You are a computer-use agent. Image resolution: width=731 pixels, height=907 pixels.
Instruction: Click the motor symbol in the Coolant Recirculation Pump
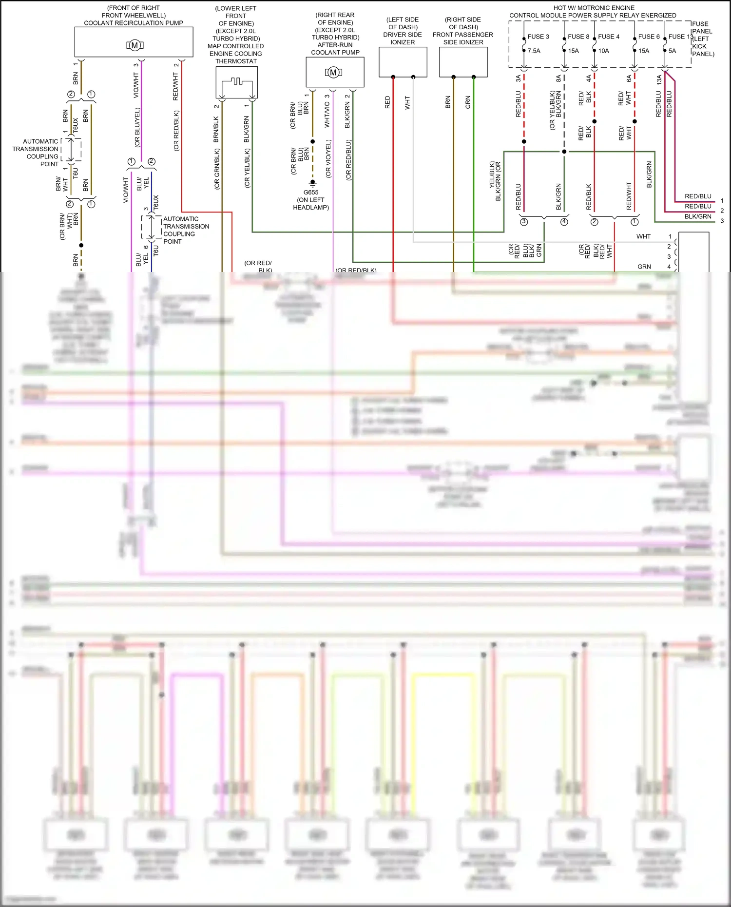[135, 45]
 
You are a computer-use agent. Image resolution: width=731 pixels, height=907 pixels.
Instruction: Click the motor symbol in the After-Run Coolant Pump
[333, 73]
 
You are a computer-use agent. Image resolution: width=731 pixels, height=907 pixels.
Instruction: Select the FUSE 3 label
[538, 37]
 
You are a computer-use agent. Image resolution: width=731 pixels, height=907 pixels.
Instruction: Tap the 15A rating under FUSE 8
[573, 51]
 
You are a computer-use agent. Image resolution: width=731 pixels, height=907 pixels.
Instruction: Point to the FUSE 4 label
[609, 37]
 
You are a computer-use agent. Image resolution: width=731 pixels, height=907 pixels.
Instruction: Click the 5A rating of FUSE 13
[672, 51]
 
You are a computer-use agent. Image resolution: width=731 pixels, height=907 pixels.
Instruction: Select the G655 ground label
[310, 192]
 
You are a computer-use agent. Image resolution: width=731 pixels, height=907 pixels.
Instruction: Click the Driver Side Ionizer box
[403, 61]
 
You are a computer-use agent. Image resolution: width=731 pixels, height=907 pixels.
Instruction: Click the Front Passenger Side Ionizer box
[463, 61]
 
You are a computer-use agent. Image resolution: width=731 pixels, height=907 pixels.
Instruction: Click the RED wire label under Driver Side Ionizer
[387, 102]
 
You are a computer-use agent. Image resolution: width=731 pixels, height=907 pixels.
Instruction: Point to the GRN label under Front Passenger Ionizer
[468, 102]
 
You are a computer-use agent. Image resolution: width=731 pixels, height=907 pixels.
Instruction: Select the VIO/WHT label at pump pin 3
[136, 86]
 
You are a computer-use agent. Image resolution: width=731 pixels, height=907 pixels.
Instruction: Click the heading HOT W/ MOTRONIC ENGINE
[594, 8]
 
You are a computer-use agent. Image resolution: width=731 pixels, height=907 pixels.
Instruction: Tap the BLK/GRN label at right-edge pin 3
[697, 216]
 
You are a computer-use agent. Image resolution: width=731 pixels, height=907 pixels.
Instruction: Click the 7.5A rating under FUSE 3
[534, 51]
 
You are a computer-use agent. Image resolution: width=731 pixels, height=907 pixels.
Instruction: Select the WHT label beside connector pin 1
[643, 236]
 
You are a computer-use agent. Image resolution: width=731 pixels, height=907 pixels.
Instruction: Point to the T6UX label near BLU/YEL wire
[156, 202]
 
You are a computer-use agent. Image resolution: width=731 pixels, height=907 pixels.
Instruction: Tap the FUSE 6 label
[649, 37]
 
